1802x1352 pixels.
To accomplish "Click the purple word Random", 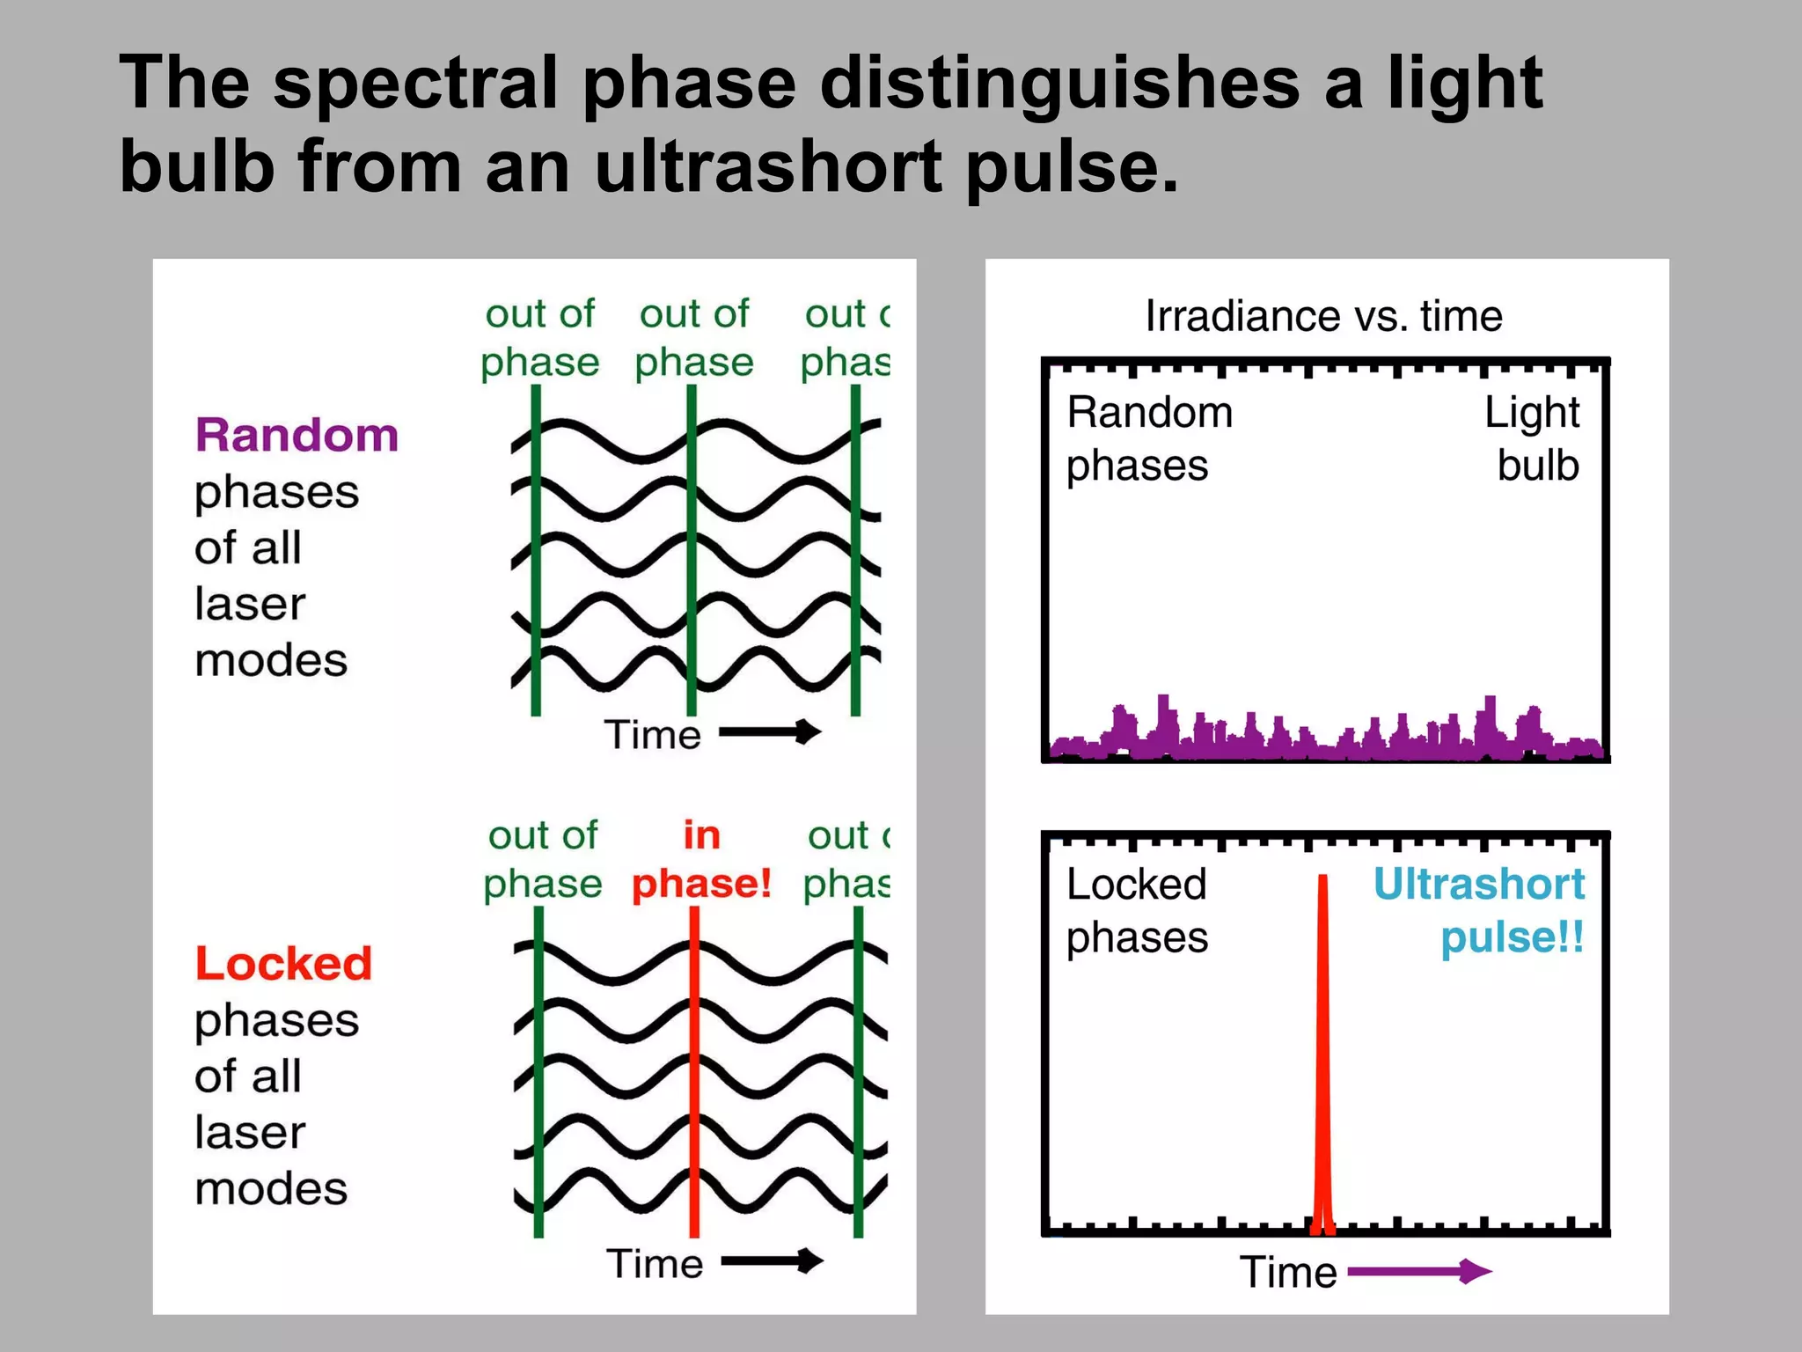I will pos(297,435).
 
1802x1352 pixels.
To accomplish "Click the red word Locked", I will pos(283,963).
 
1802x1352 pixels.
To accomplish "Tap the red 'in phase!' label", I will pos(701,860).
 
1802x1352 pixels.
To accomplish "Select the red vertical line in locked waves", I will pos(694,1074).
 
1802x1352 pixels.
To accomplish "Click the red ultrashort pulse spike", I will pos(1322,1056).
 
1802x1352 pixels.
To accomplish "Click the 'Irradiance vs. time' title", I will pos(1323,316).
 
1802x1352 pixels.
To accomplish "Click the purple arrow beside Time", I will pos(1418,1271).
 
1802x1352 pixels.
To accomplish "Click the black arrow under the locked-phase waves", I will pos(772,1261).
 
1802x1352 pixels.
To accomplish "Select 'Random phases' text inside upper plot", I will pos(1148,438).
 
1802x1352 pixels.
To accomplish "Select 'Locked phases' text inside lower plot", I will pos(1136,910).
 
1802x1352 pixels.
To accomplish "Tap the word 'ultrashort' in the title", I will pos(767,167).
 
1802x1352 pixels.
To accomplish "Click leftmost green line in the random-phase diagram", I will pos(536,550).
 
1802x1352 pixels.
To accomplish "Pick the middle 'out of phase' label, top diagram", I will pos(694,338).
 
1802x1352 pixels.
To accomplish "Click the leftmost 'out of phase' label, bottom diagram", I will pos(543,859).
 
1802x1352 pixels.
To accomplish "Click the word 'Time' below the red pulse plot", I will pos(1287,1272).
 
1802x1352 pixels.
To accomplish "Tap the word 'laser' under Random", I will pos(250,604).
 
